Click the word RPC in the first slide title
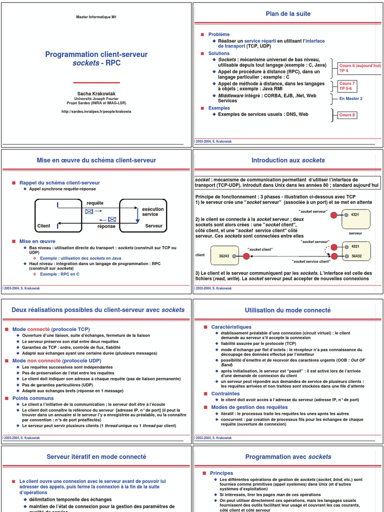click(112, 63)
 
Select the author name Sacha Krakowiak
click(96, 93)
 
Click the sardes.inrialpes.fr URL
click(96, 111)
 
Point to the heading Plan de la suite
click(287, 14)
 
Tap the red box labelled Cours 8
click(347, 115)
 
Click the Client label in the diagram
click(43, 226)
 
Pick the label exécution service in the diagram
click(152, 211)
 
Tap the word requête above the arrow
click(95, 203)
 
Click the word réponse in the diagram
click(106, 226)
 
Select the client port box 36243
click(224, 255)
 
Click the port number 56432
click(356, 255)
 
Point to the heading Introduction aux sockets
click(288, 160)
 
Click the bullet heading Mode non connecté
click(56, 360)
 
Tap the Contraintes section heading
click(225, 393)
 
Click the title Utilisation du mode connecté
click(288, 310)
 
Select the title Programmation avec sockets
click(288, 456)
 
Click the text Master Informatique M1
click(96, 17)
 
